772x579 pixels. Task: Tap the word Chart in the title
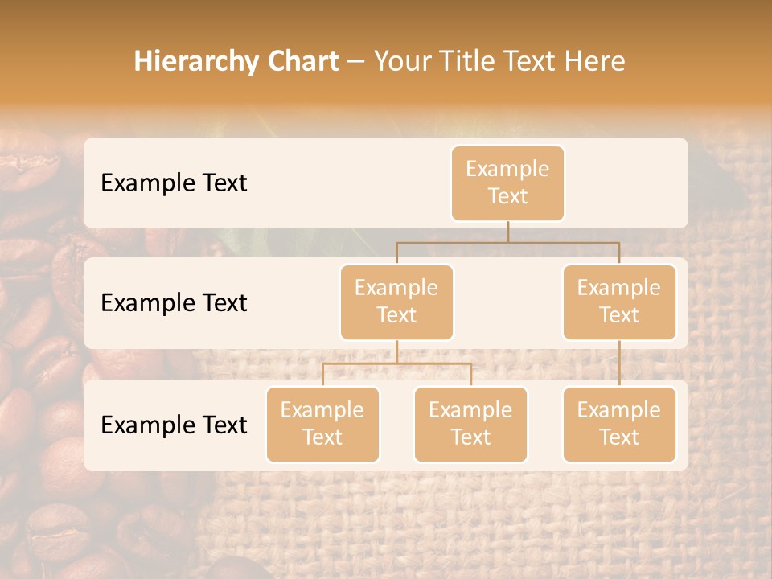click(302, 62)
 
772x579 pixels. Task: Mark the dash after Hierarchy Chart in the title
click(356, 62)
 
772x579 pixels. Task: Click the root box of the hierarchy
click(507, 183)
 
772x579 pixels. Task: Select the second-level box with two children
click(396, 302)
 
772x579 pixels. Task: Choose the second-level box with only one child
click(619, 302)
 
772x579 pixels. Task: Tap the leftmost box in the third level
click(322, 424)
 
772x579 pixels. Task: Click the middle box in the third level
click(470, 424)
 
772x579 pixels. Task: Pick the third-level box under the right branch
click(619, 424)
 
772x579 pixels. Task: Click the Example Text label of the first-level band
click(174, 183)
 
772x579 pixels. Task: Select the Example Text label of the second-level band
click(174, 303)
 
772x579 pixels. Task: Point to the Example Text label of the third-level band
click(174, 425)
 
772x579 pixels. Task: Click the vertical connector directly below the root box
click(507, 232)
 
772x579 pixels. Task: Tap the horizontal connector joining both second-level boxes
click(507, 242)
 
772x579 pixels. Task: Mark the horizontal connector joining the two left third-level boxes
click(396, 363)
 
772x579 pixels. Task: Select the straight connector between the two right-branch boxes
click(619, 363)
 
